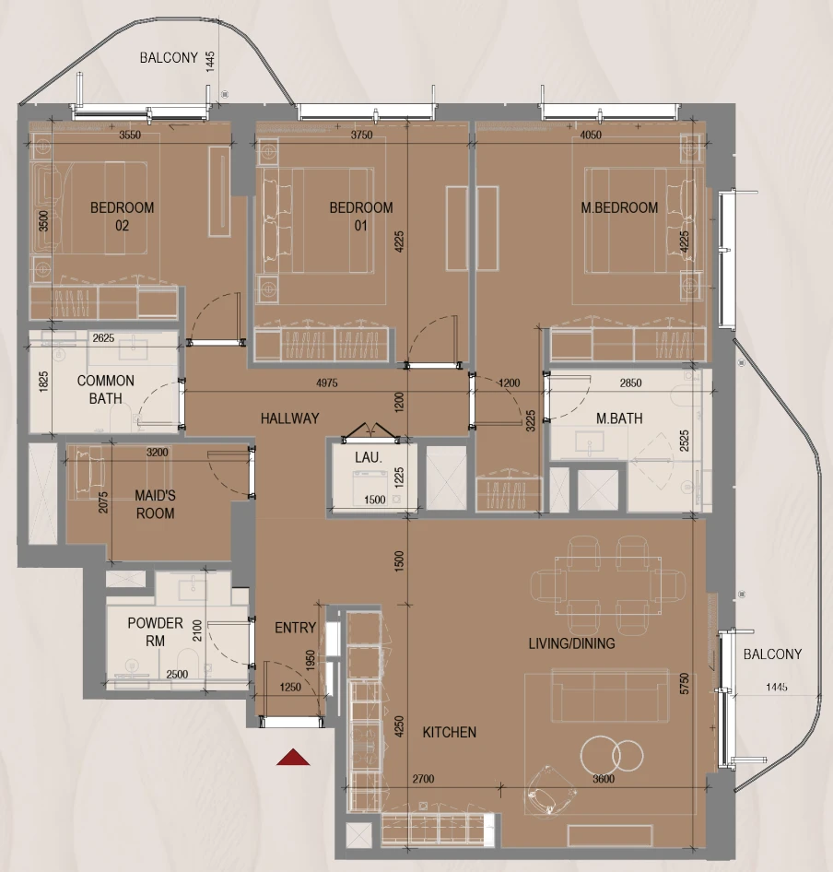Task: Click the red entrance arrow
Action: (293, 758)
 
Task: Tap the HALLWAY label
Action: (289, 418)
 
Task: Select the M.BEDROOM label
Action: (619, 208)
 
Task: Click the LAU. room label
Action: (368, 458)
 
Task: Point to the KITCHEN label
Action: (450, 733)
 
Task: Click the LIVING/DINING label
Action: (571, 643)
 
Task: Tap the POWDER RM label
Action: (155, 631)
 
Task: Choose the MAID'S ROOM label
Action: (155, 504)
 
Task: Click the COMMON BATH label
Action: (106, 389)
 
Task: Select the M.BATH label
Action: (619, 418)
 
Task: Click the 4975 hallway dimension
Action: (327, 383)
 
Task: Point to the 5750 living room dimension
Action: (685, 683)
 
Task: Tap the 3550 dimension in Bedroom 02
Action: (130, 136)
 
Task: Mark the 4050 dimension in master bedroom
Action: (591, 136)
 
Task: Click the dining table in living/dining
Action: (608, 585)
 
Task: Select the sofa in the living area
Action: (610, 695)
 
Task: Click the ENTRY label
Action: (295, 628)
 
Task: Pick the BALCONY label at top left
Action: (169, 58)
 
